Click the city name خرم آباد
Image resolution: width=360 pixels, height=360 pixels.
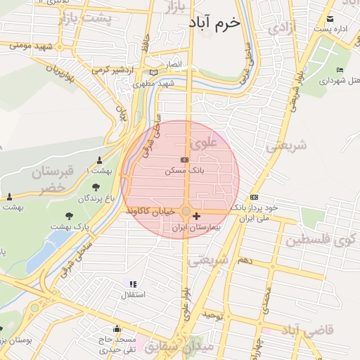pyautogui.click(x=214, y=23)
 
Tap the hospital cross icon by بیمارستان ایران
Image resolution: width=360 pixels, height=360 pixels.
pyautogui.click(x=196, y=217)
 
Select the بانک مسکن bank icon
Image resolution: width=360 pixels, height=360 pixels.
pyautogui.click(x=184, y=160)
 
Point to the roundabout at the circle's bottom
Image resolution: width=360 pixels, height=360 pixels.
pyautogui.click(x=185, y=211)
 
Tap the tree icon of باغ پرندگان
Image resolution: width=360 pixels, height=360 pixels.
pyautogui.click(x=96, y=186)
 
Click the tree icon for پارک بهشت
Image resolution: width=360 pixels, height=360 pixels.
pyautogui.click(x=69, y=217)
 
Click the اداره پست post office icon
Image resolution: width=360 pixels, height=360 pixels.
pyautogui.click(x=328, y=19)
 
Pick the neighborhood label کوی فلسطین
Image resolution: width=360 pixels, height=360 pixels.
pyautogui.click(x=321, y=241)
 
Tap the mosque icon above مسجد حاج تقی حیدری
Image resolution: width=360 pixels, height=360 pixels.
pyautogui.click(x=117, y=328)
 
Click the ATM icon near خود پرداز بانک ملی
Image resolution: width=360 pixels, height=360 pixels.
pyautogui.click(x=254, y=197)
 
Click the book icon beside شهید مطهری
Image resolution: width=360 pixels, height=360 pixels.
pyautogui.click(x=153, y=72)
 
